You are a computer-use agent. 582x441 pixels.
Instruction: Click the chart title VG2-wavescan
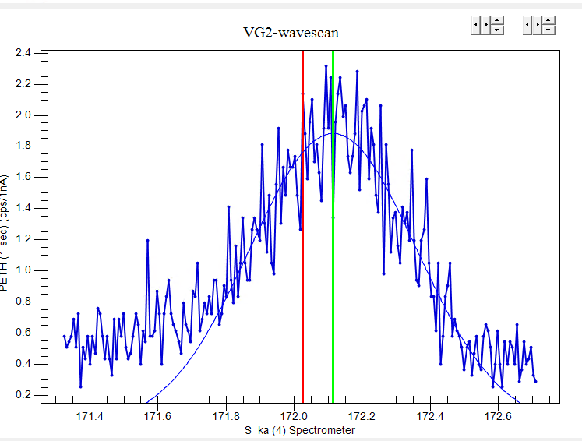coord(291,33)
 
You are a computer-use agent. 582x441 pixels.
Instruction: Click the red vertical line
coord(302,234)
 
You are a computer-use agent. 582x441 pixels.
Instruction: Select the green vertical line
coord(333,234)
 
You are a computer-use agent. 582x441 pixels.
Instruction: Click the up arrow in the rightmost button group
coord(549,21)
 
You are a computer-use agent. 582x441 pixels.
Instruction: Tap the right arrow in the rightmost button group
coord(538,26)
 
